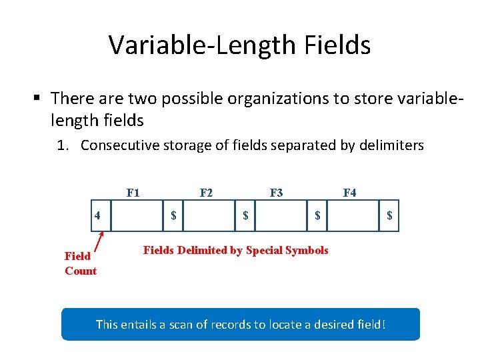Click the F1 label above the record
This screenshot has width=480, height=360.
click(133, 193)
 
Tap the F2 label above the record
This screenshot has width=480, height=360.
click(206, 193)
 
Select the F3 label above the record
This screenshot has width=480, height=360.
click(276, 193)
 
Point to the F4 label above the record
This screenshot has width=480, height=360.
click(349, 193)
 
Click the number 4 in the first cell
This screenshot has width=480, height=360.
click(97, 215)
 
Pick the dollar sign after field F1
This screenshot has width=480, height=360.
click(173, 215)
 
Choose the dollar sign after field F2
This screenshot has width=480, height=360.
click(246, 215)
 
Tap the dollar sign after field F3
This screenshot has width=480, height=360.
click(318, 215)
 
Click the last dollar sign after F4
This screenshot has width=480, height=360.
click(390, 215)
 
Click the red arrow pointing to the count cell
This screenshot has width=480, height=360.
click(100, 241)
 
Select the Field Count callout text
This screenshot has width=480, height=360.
click(81, 263)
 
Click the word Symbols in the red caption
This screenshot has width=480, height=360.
click(306, 251)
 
